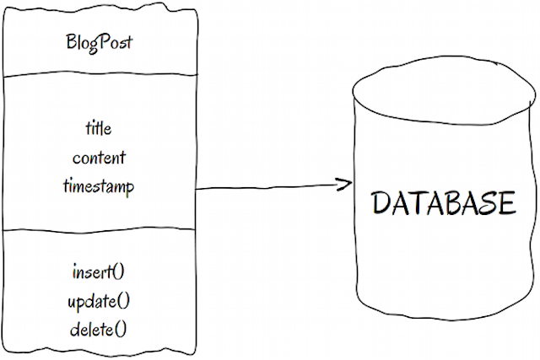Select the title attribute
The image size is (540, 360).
[x=99, y=128]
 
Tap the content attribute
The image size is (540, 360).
[x=99, y=157]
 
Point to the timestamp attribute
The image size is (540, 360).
[x=99, y=186]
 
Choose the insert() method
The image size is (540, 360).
[x=100, y=271]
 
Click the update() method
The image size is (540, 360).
[x=100, y=300]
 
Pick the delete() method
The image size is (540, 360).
[x=100, y=328]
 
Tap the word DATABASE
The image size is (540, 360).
[x=443, y=204]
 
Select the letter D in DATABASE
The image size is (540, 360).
[x=383, y=204]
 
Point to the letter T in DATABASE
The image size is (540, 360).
[x=420, y=204]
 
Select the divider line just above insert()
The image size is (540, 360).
[x=99, y=229]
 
